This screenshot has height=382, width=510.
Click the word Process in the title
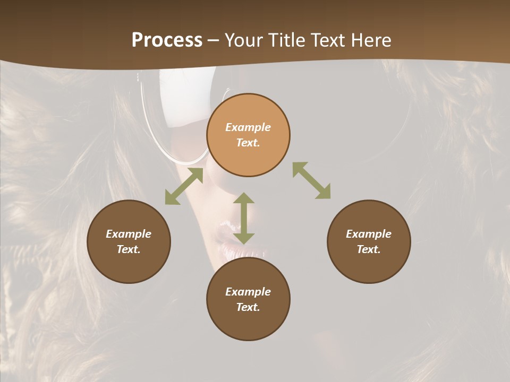(167, 40)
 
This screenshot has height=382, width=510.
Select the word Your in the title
(242, 40)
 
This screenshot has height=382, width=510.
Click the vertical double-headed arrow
(244, 219)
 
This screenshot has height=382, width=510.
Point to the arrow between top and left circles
(184, 186)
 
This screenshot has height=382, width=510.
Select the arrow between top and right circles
(311, 180)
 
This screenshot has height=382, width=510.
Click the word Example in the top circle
(248, 127)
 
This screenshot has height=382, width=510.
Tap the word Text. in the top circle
(248, 143)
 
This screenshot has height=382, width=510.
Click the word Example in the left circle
(129, 234)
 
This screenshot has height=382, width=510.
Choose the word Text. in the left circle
(129, 249)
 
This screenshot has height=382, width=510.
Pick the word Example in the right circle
(369, 234)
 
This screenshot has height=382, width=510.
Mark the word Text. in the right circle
(369, 249)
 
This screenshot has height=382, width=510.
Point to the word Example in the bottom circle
(248, 292)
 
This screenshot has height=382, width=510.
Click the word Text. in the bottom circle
(248, 307)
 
